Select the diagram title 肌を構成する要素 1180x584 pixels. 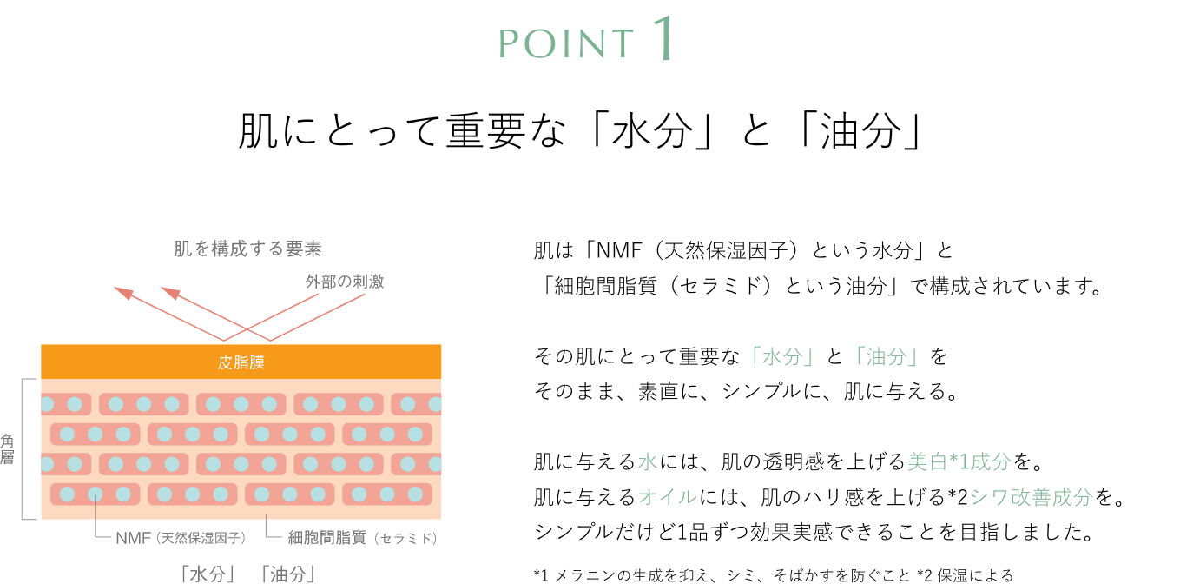click(248, 249)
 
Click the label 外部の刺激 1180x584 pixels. click(344, 282)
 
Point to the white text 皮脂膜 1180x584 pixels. click(241, 362)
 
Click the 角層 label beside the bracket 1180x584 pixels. click(7, 449)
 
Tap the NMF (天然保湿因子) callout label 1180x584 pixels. click(181, 538)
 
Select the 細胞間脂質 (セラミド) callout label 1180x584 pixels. click(362, 538)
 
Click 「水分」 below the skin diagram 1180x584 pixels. click(208, 574)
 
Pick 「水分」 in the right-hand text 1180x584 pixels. click(782, 357)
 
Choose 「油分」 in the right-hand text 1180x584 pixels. click(887, 357)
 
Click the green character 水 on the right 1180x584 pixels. click(648, 462)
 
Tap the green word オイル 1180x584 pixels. click(668, 497)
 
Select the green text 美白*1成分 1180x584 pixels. click(959, 462)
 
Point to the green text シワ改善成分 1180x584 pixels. click(1031, 497)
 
